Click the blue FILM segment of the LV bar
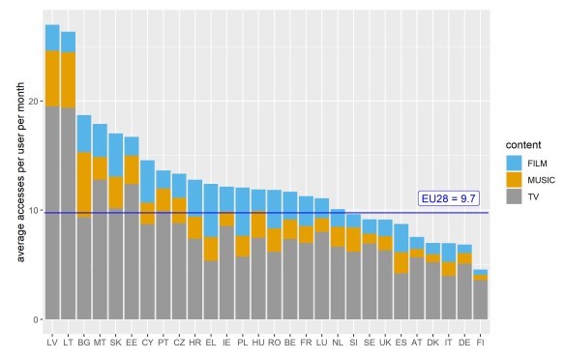point(52,38)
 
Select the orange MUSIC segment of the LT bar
point(68,80)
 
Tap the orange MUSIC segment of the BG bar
point(84,185)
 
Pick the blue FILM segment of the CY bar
point(147,182)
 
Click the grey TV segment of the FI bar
point(480,300)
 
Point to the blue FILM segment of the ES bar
point(401,238)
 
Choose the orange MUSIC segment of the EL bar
point(211,249)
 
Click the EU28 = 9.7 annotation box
point(449,198)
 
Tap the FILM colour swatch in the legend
point(514,164)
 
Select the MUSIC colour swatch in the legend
point(514,180)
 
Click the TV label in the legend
point(533,196)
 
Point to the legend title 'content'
point(523,145)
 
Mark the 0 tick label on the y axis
point(35,319)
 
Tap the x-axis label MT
point(100,343)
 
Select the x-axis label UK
point(385,343)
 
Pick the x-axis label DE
point(464,343)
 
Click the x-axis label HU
point(258,343)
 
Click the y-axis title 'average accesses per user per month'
point(20,172)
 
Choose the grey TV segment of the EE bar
point(132,252)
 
